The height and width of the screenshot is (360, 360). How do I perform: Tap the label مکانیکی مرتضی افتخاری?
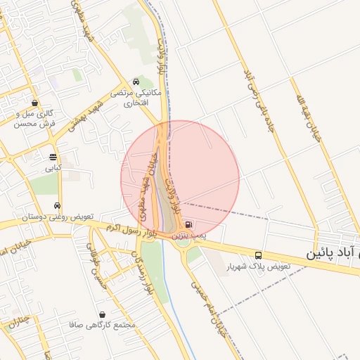[142, 98]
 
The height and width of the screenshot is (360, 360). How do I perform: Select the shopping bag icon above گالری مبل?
[34, 103]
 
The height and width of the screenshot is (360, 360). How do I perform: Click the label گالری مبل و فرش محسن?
[34, 118]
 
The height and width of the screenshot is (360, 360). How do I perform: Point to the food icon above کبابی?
[53, 157]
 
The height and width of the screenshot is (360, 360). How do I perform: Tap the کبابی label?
[54, 169]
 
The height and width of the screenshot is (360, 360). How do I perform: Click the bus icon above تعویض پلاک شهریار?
[259, 255]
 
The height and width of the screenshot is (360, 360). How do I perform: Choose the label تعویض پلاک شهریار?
[258, 268]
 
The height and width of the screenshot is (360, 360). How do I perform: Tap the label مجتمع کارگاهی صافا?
[103, 326]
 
